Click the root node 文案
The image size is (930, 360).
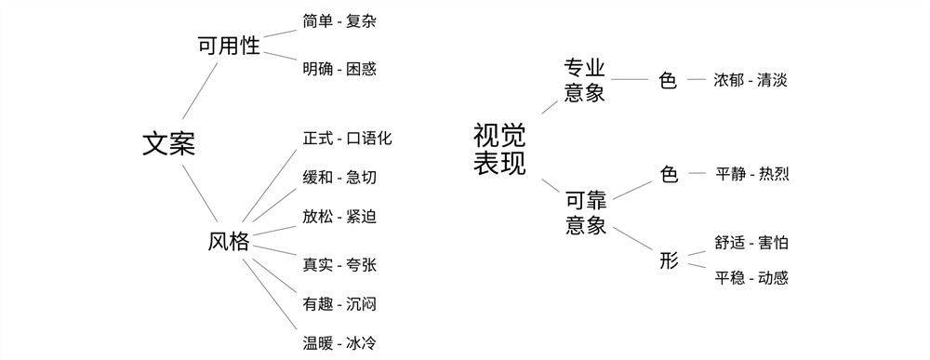[x=168, y=143]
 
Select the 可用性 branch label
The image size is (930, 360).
[x=229, y=46]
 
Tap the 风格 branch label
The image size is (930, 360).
[x=229, y=243]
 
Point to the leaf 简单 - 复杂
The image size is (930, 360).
[x=339, y=20]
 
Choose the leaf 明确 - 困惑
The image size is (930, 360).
[x=339, y=69]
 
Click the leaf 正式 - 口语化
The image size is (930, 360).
[x=347, y=139]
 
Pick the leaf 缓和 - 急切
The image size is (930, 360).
[x=339, y=178]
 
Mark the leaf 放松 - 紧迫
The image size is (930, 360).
[x=339, y=217]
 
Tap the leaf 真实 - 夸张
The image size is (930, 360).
[x=339, y=265]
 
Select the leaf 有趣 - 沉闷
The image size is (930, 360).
[x=339, y=303]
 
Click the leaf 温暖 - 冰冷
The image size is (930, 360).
[x=339, y=342]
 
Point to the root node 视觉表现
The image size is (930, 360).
[x=499, y=150]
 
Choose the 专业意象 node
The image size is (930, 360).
[x=585, y=80]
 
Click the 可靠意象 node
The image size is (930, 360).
[x=585, y=212]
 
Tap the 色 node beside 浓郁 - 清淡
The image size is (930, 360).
[x=668, y=80]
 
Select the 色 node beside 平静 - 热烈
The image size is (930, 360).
[x=669, y=174]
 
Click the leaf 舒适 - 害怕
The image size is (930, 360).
[x=751, y=244]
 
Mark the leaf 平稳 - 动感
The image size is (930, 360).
[x=751, y=277]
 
